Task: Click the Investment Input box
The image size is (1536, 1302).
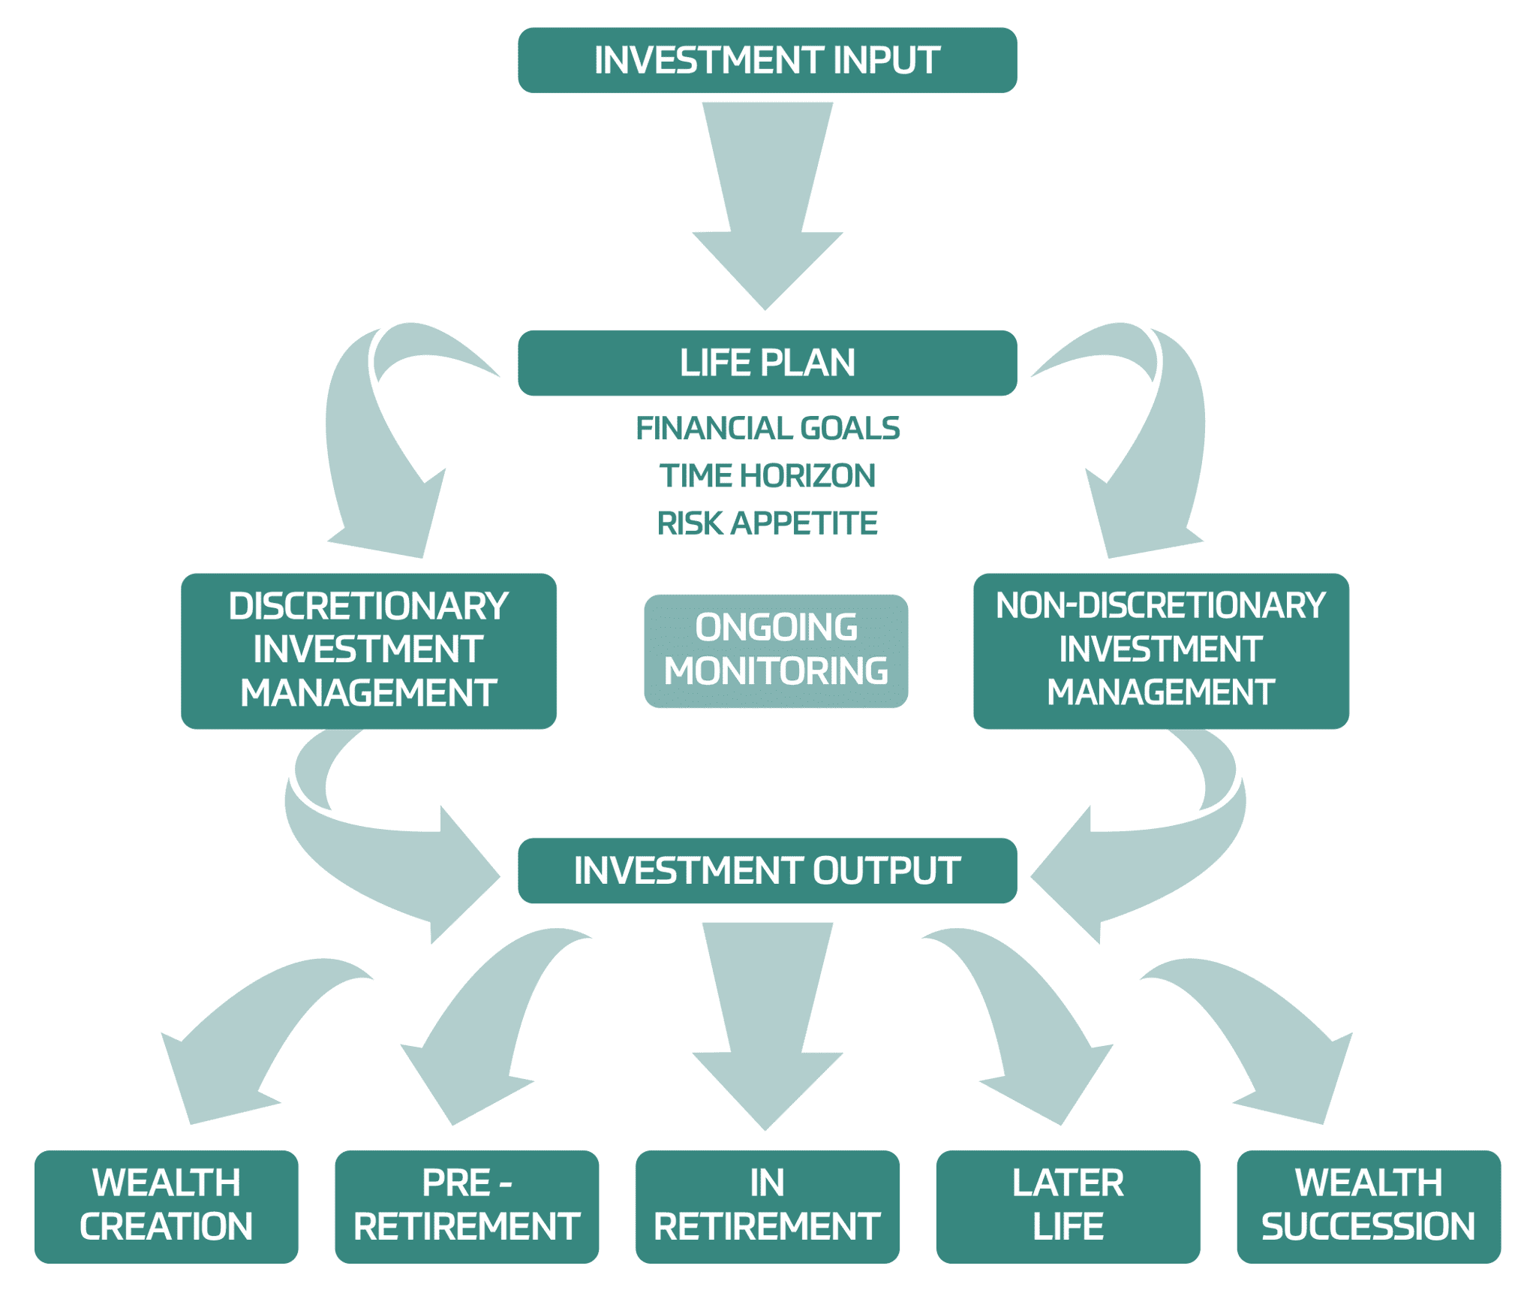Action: pos(767,60)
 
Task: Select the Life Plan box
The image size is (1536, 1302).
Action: pos(767,363)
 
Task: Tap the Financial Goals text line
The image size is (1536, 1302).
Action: pos(767,428)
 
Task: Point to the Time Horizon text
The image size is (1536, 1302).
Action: pos(767,475)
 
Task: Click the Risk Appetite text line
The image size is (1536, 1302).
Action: pos(767,523)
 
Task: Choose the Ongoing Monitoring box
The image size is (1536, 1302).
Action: pos(776,650)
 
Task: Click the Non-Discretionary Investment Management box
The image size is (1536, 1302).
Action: pos(1160,650)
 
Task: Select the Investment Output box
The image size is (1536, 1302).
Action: pos(767,870)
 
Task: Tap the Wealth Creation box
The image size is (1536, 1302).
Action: pos(166,1205)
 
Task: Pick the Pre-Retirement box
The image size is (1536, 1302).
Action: pos(467,1205)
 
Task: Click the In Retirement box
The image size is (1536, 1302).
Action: pos(767,1205)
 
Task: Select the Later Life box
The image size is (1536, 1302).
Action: pos(1068,1205)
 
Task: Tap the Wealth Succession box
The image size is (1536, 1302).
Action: pos(1368,1205)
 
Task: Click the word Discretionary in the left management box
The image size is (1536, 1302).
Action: pos(368,606)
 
